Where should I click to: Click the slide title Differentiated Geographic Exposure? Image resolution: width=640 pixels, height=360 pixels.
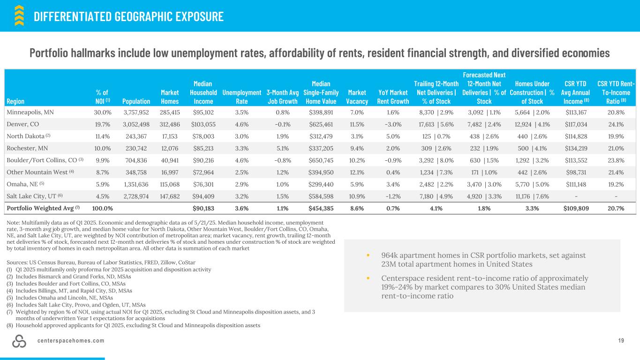128,17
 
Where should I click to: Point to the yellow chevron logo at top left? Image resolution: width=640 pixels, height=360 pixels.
19,15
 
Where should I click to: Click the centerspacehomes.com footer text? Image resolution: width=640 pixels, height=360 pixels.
71,341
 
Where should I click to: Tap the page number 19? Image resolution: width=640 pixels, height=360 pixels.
621,341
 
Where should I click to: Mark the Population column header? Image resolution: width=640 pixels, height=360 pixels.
136,101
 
